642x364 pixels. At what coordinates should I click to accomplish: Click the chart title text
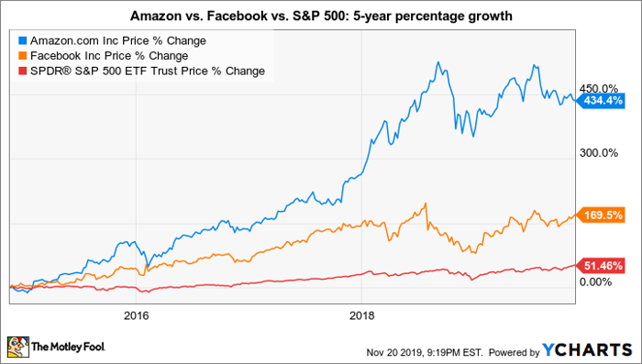pos(321,16)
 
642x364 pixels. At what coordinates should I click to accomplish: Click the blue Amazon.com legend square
pos(23,41)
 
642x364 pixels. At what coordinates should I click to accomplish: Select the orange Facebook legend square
pos(23,56)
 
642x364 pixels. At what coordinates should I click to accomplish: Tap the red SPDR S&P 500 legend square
pos(23,71)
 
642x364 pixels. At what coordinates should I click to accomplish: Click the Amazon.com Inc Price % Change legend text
pos(118,41)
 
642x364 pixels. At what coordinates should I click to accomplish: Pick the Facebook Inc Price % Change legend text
pos(109,56)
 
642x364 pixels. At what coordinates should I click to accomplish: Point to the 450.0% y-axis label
pos(598,88)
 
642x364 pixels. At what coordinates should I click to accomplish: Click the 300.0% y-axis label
pos(598,153)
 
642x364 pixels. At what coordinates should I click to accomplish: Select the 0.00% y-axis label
pos(595,282)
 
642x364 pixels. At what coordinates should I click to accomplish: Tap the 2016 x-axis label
pos(136,315)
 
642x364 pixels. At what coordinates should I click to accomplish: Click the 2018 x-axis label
pos(362,315)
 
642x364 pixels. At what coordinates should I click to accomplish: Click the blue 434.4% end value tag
pos(600,100)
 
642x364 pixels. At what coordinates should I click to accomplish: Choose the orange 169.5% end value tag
pos(600,215)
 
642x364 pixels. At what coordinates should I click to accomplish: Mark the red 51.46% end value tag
pos(600,266)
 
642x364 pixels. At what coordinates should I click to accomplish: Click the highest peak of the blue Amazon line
pos(438,61)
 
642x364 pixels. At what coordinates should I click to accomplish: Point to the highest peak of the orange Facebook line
pos(426,203)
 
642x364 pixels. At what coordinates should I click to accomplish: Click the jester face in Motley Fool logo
pos(18,347)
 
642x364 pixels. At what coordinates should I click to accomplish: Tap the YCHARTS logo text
pos(587,350)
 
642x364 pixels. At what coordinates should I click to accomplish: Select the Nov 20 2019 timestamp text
pos(425,352)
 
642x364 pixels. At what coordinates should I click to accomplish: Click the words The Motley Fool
pos(69,347)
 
